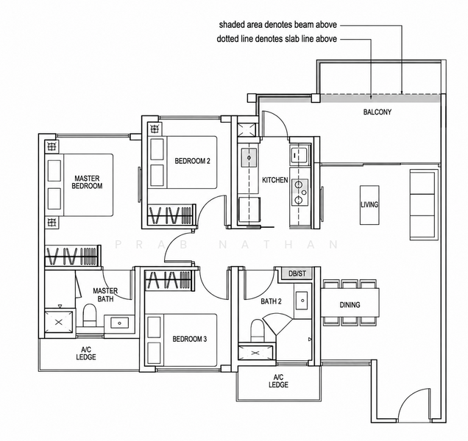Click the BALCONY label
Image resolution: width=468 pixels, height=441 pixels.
point(377,112)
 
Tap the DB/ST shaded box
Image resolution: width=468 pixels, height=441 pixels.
point(297,273)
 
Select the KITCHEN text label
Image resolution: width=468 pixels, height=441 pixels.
point(275,180)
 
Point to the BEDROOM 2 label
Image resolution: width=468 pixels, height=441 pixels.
point(193,161)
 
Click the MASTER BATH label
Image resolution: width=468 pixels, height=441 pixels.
point(105,295)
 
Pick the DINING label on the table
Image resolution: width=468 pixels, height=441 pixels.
point(350,305)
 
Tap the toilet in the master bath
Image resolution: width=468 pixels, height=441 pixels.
point(89,315)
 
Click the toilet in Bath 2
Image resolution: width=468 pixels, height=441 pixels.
point(257,330)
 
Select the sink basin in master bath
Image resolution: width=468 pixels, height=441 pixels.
point(120,323)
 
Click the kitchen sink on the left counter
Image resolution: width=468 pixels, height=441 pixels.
point(249,158)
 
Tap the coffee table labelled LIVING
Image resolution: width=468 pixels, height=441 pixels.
point(369,205)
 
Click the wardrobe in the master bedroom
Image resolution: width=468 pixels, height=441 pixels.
point(73,256)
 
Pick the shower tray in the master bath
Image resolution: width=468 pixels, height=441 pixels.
point(59,322)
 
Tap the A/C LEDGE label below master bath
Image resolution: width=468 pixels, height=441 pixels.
point(86,353)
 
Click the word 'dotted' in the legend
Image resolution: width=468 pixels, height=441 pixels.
point(226,39)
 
